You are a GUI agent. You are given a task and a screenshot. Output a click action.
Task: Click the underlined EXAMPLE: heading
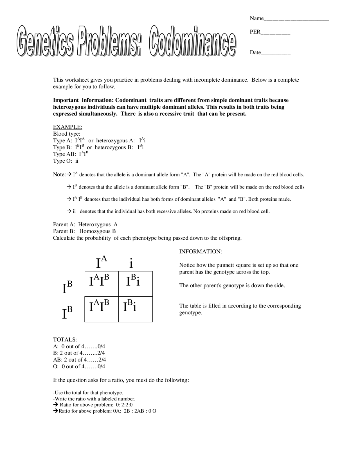(x=67, y=127)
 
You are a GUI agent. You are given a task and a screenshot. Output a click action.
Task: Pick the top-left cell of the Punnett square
(x=102, y=284)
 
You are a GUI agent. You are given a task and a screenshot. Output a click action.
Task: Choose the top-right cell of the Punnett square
(x=136, y=284)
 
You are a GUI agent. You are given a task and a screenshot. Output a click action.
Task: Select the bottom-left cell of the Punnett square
(x=102, y=309)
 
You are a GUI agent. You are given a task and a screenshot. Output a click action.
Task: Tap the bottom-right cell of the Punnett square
(x=136, y=309)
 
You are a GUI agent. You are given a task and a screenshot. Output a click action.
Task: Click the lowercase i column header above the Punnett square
(x=131, y=263)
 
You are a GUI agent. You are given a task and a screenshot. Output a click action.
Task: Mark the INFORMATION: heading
(x=201, y=252)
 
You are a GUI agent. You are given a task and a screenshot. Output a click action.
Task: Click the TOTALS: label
(x=65, y=340)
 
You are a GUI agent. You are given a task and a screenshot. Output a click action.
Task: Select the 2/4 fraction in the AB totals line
(x=102, y=360)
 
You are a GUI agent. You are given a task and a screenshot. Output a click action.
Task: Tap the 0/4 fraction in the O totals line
(x=101, y=366)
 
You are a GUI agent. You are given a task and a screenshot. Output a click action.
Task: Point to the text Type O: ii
(x=66, y=161)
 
